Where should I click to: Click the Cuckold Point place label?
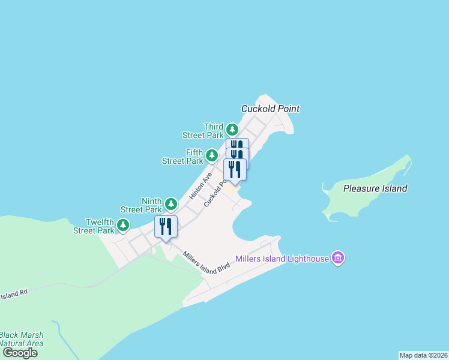coord(270,109)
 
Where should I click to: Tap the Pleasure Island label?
coord(375,188)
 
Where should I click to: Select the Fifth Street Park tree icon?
coord(211,156)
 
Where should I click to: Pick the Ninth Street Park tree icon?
coord(171,205)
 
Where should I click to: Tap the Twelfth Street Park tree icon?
coord(123,226)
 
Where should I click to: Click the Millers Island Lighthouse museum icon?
coord(338,259)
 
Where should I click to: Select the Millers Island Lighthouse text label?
coord(282,259)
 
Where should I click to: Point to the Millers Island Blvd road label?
coord(207,260)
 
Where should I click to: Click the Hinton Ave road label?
coord(200,187)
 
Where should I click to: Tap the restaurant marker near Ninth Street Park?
coord(166,227)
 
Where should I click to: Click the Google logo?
coord(20,352)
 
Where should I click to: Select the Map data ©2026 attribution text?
coord(423,355)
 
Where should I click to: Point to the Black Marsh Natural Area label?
coord(21,339)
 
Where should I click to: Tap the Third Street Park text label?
coord(207,131)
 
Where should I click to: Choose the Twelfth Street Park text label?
coord(94,226)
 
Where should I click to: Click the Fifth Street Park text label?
coord(183,157)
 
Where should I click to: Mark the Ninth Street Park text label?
coord(141,205)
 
